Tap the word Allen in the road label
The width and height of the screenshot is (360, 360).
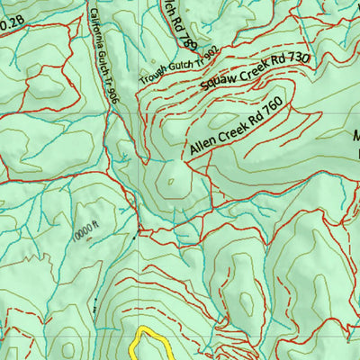tap(202, 147)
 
